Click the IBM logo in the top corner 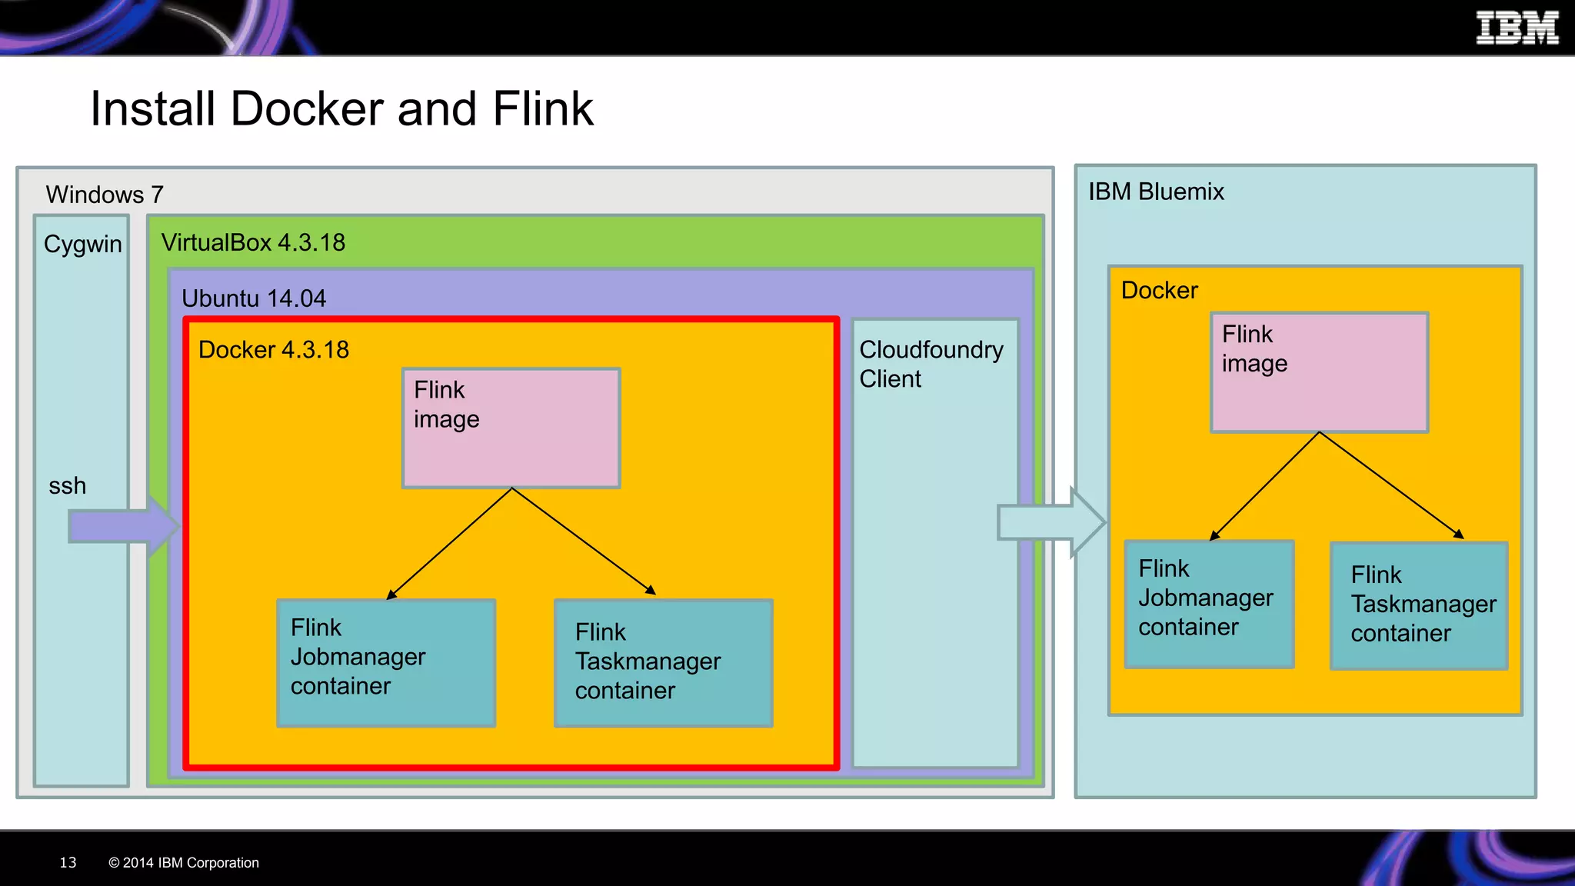(x=1517, y=28)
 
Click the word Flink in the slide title (x=542, y=108)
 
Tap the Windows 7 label (x=104, y=195)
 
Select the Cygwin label (x=82, y=244)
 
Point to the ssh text (x=67, y=486)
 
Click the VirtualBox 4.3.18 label (x=253, y=242)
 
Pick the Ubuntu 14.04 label (x=253, y=298)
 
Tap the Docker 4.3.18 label (x=273, y=350)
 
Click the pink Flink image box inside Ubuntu (x=511, y=428)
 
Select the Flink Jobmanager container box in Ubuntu (x=386, y=663)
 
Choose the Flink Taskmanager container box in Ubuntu (x=663, y=663)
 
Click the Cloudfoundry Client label (x=931, y=364)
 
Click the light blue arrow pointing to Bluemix (x=1051, y=523)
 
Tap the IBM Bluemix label (x=1155, y=192)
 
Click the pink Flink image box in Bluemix (x=1319, y=372)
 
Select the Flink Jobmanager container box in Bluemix (x=1209, y=604)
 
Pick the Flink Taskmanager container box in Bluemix (x=1419, y=606)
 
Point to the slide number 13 (x=68, y=863)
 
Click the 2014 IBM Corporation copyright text (x=184, y=863)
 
